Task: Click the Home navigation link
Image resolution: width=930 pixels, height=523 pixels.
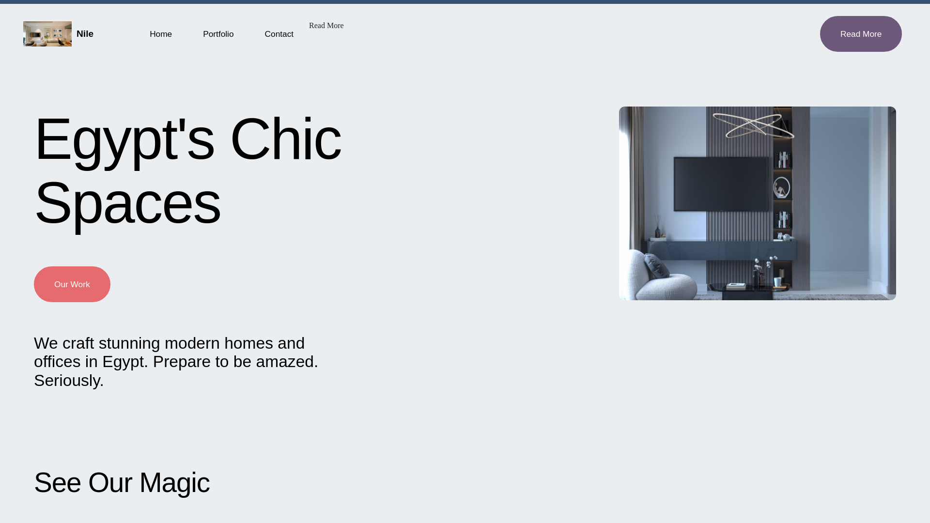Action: [x=160, y=34]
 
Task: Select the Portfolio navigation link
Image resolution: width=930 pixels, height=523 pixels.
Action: [x=218, y=34]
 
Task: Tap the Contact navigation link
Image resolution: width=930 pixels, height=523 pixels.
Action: [x=279, y=34]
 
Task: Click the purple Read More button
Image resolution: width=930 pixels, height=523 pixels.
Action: [x=860, y=34]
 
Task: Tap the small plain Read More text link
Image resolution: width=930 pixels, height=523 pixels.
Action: [x=326, y=26]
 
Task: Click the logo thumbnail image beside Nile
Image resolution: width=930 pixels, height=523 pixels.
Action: [x=47, y=34]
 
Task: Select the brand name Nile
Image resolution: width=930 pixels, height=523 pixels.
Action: [x=85, y=34]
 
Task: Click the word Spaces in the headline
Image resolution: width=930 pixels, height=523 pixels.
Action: [x=127, y=203]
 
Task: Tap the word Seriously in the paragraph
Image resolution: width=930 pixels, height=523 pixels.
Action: [x=67, y=381]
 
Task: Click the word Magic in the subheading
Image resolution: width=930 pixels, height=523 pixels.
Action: [x=174, y=483]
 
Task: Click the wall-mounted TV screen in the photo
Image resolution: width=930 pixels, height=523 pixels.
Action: [x=721, y=184]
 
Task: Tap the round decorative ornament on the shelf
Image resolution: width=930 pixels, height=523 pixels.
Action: [x=781, y=188]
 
